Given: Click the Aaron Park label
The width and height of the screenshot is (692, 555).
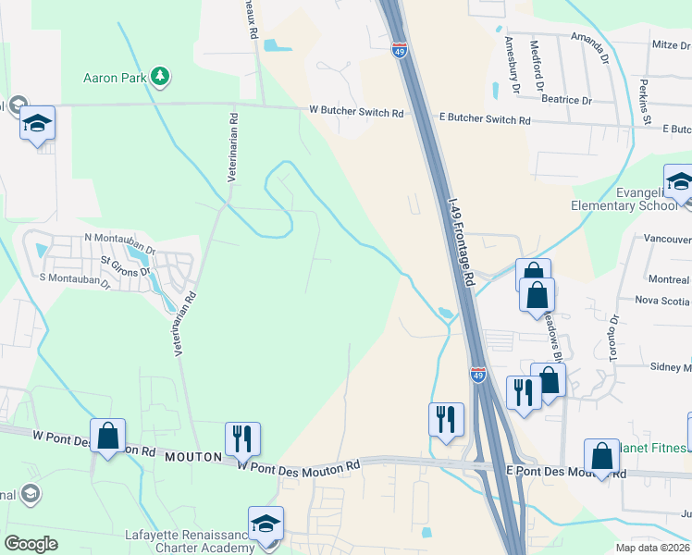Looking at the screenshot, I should [115, 78].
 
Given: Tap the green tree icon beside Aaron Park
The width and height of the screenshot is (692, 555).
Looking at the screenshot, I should [161, 76].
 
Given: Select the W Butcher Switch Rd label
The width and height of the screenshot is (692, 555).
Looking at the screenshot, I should [357, 113].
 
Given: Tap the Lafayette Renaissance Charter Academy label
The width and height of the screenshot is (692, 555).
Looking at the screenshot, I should [190, 541].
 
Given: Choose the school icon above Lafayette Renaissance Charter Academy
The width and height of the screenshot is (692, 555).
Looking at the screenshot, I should [266, 524].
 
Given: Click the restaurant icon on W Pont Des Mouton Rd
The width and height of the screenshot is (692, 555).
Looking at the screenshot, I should [242, 439].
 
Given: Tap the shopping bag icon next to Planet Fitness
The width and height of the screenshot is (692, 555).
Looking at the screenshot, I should [601, 456].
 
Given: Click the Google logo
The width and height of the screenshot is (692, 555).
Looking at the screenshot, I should [31, 544].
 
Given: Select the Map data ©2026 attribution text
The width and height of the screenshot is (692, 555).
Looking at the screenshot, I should [653, 548].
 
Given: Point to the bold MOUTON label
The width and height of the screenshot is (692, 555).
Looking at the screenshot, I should [194, 457].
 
